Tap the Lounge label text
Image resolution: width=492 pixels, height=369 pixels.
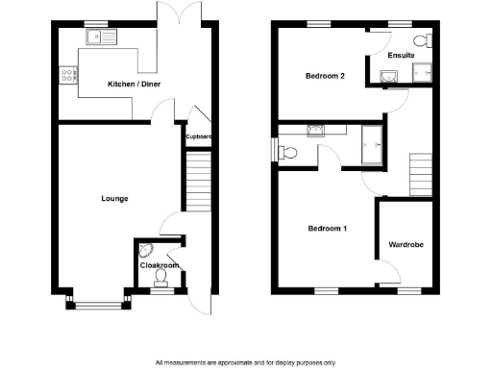(114, 199)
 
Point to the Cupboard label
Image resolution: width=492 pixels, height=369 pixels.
(198, 136)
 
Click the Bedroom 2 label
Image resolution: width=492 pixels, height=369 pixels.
(325, 76)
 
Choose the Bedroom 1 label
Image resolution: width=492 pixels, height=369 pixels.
(327, 229)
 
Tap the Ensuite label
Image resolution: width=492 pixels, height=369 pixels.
(401, 55)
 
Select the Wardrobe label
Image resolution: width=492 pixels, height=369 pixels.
(406, 245)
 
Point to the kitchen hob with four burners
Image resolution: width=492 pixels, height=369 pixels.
(68, 73)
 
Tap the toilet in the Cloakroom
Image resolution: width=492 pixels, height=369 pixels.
(160, 279)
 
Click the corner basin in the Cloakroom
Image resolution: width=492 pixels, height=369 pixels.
(145, 252)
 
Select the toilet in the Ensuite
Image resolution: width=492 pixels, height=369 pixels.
(422, 39)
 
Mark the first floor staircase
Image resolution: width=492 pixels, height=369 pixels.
(422, 173)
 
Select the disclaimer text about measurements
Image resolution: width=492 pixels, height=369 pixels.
(245, 362)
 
